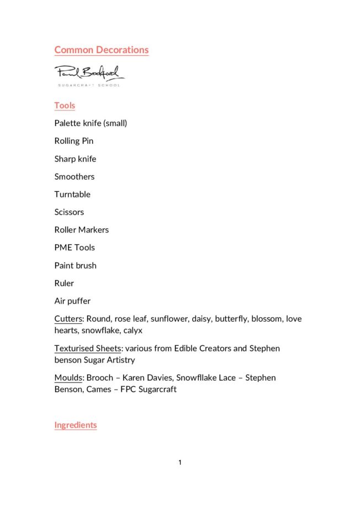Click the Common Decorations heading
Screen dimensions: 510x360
(101, 50)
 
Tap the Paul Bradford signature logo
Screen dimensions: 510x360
(89, 73)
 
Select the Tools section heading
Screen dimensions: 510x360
(65, 106)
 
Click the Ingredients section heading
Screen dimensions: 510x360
(75, 425)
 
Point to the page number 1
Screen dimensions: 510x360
(180, 462)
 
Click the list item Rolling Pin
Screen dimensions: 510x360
(74, 141)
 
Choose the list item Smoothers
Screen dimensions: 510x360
(74, 177)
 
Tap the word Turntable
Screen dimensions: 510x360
(72, 194)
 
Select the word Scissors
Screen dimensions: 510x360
(69, 212)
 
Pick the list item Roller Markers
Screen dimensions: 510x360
(81, 230)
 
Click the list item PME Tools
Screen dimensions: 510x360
(75, 248)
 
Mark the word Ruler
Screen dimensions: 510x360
(64, 283)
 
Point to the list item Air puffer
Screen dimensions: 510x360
(72, 301)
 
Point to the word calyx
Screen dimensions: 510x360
(131, 330)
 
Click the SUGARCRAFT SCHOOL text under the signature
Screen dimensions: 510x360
(89, 85)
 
